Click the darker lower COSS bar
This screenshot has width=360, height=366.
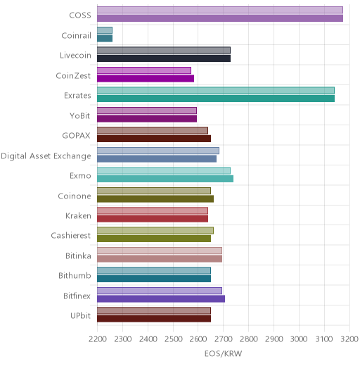(220, 18)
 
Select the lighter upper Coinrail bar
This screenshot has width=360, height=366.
(105, 30)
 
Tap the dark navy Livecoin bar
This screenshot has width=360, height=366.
(164, 58)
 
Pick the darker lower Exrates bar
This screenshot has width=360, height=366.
(216, 99)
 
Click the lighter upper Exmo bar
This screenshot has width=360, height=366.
(164, 170)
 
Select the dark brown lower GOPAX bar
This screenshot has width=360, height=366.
(154, 139)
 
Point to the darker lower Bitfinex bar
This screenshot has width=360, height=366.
(161, 299)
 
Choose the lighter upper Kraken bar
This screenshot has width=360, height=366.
(153, 210)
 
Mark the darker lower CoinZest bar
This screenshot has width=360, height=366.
(146, 79)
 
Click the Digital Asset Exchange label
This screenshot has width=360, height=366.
(46, 156)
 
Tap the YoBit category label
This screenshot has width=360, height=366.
(80, 116)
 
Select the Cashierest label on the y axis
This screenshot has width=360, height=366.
(71, 236)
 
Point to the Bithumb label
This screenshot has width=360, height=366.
(75, 275)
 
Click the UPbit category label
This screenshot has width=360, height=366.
(80, 316)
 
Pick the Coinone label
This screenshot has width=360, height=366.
(75, 196)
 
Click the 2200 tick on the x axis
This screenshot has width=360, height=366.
(98, 339)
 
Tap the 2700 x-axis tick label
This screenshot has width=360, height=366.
(224, 339)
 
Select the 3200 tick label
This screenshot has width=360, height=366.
(349, 339)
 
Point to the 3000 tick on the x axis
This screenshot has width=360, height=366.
(299, 339)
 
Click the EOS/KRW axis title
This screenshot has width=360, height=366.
(223, 354)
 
